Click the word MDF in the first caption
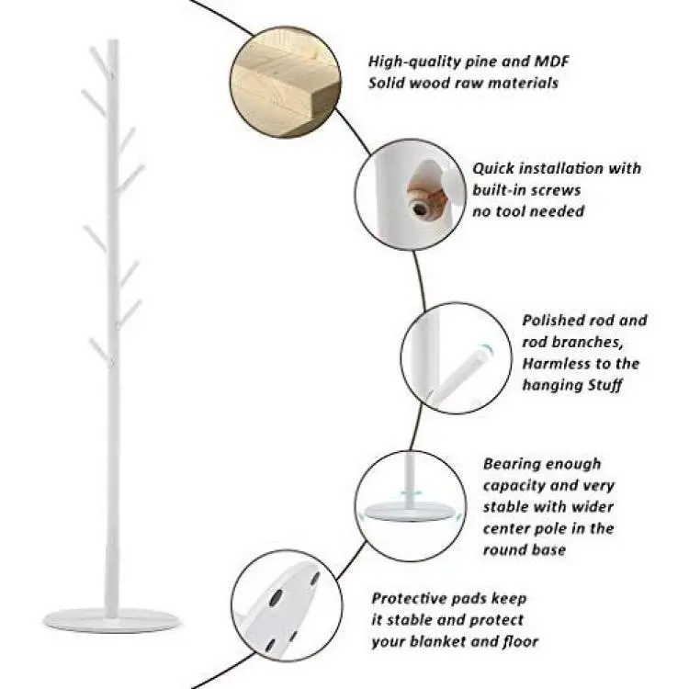(551, 61)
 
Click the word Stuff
(604, 385)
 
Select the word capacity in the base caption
(513, 486)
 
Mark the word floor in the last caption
(520, 641)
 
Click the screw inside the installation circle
(421, 208)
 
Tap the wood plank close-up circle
(285, 82)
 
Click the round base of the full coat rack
(112, 620)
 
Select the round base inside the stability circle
(410, 511)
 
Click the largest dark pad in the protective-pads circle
(277, 597)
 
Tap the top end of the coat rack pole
(113, 40)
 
